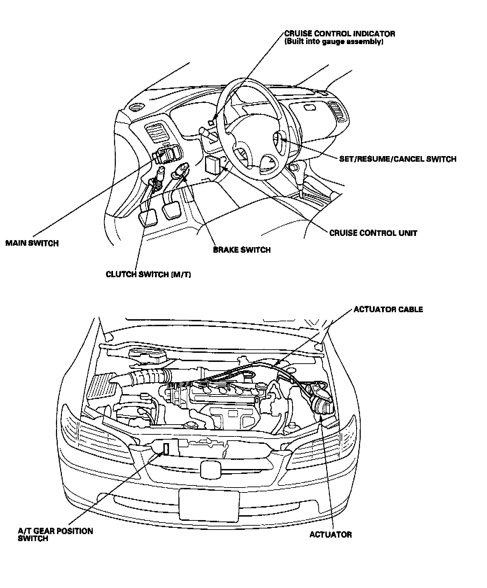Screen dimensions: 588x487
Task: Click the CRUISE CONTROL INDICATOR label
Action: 339,34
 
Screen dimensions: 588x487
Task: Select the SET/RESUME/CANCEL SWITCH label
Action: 398,159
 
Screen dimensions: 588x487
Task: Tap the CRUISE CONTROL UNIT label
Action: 373,233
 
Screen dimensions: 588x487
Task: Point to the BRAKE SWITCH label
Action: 242,250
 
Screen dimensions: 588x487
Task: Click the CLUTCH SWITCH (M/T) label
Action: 148,274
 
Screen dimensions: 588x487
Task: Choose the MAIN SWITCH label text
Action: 32,243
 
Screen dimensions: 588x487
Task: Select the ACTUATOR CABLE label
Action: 388,309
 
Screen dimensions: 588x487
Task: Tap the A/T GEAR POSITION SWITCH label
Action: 55,534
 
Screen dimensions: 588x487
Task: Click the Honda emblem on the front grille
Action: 211,469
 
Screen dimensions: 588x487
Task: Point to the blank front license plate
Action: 209,505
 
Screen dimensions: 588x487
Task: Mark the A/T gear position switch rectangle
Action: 167,448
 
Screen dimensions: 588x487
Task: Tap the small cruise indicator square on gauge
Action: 211,122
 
